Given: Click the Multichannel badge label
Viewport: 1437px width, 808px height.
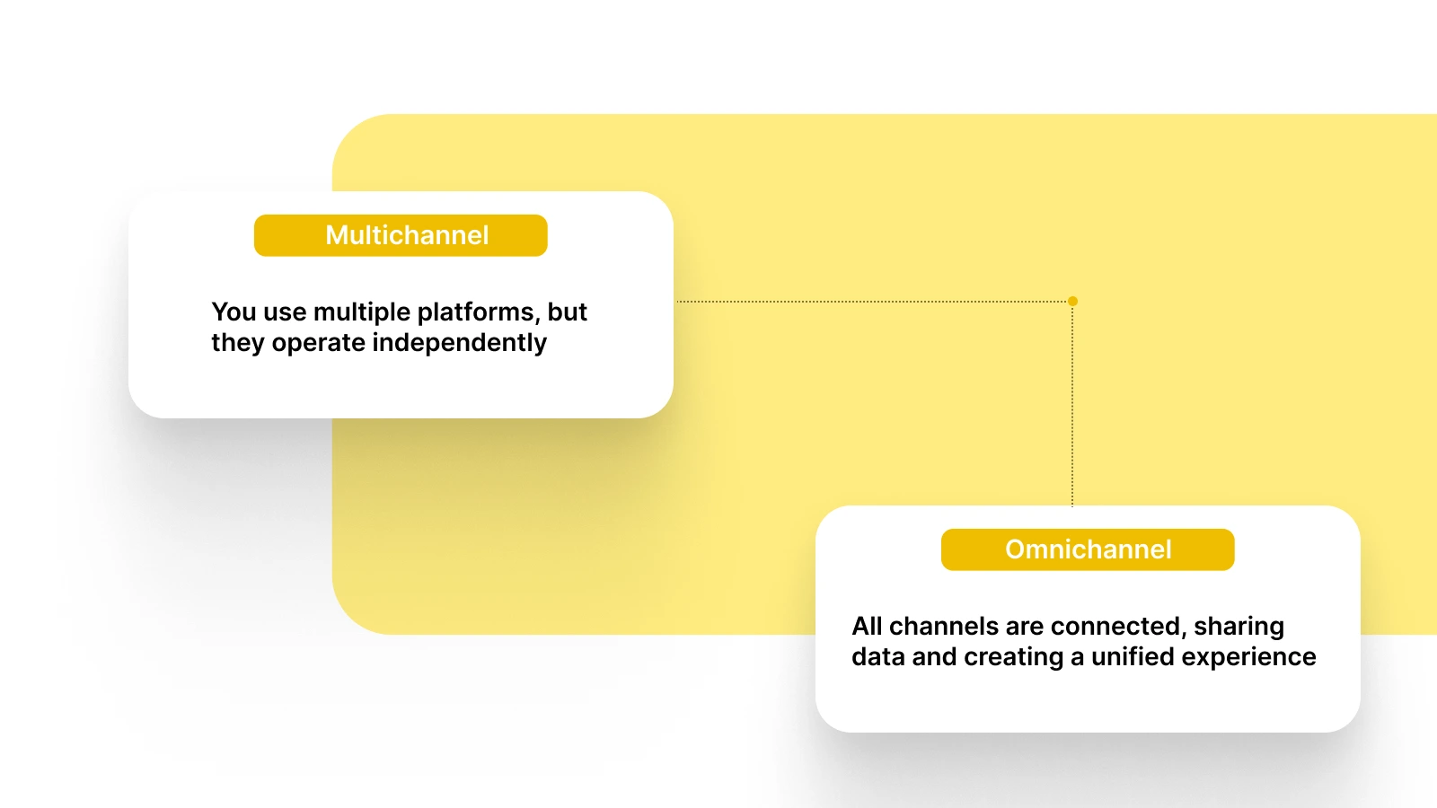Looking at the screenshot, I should [x=407, y=235].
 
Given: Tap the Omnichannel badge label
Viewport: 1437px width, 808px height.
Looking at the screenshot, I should [x=1088, y=549].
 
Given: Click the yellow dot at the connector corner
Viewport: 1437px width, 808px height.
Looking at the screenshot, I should [x=1072, y=302].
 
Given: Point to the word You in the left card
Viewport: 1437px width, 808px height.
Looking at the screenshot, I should [x=234, y=312].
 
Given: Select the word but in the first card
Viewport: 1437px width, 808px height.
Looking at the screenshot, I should [x=567, y=312].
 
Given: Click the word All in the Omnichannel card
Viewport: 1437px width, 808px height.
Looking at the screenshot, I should [x=867, y=627].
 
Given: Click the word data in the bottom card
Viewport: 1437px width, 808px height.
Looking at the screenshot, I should [x=877, y=657].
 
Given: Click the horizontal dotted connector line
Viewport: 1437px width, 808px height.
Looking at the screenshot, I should [x=871, y=302].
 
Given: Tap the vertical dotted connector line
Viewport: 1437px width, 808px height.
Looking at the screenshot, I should [x=1072, y=404].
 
